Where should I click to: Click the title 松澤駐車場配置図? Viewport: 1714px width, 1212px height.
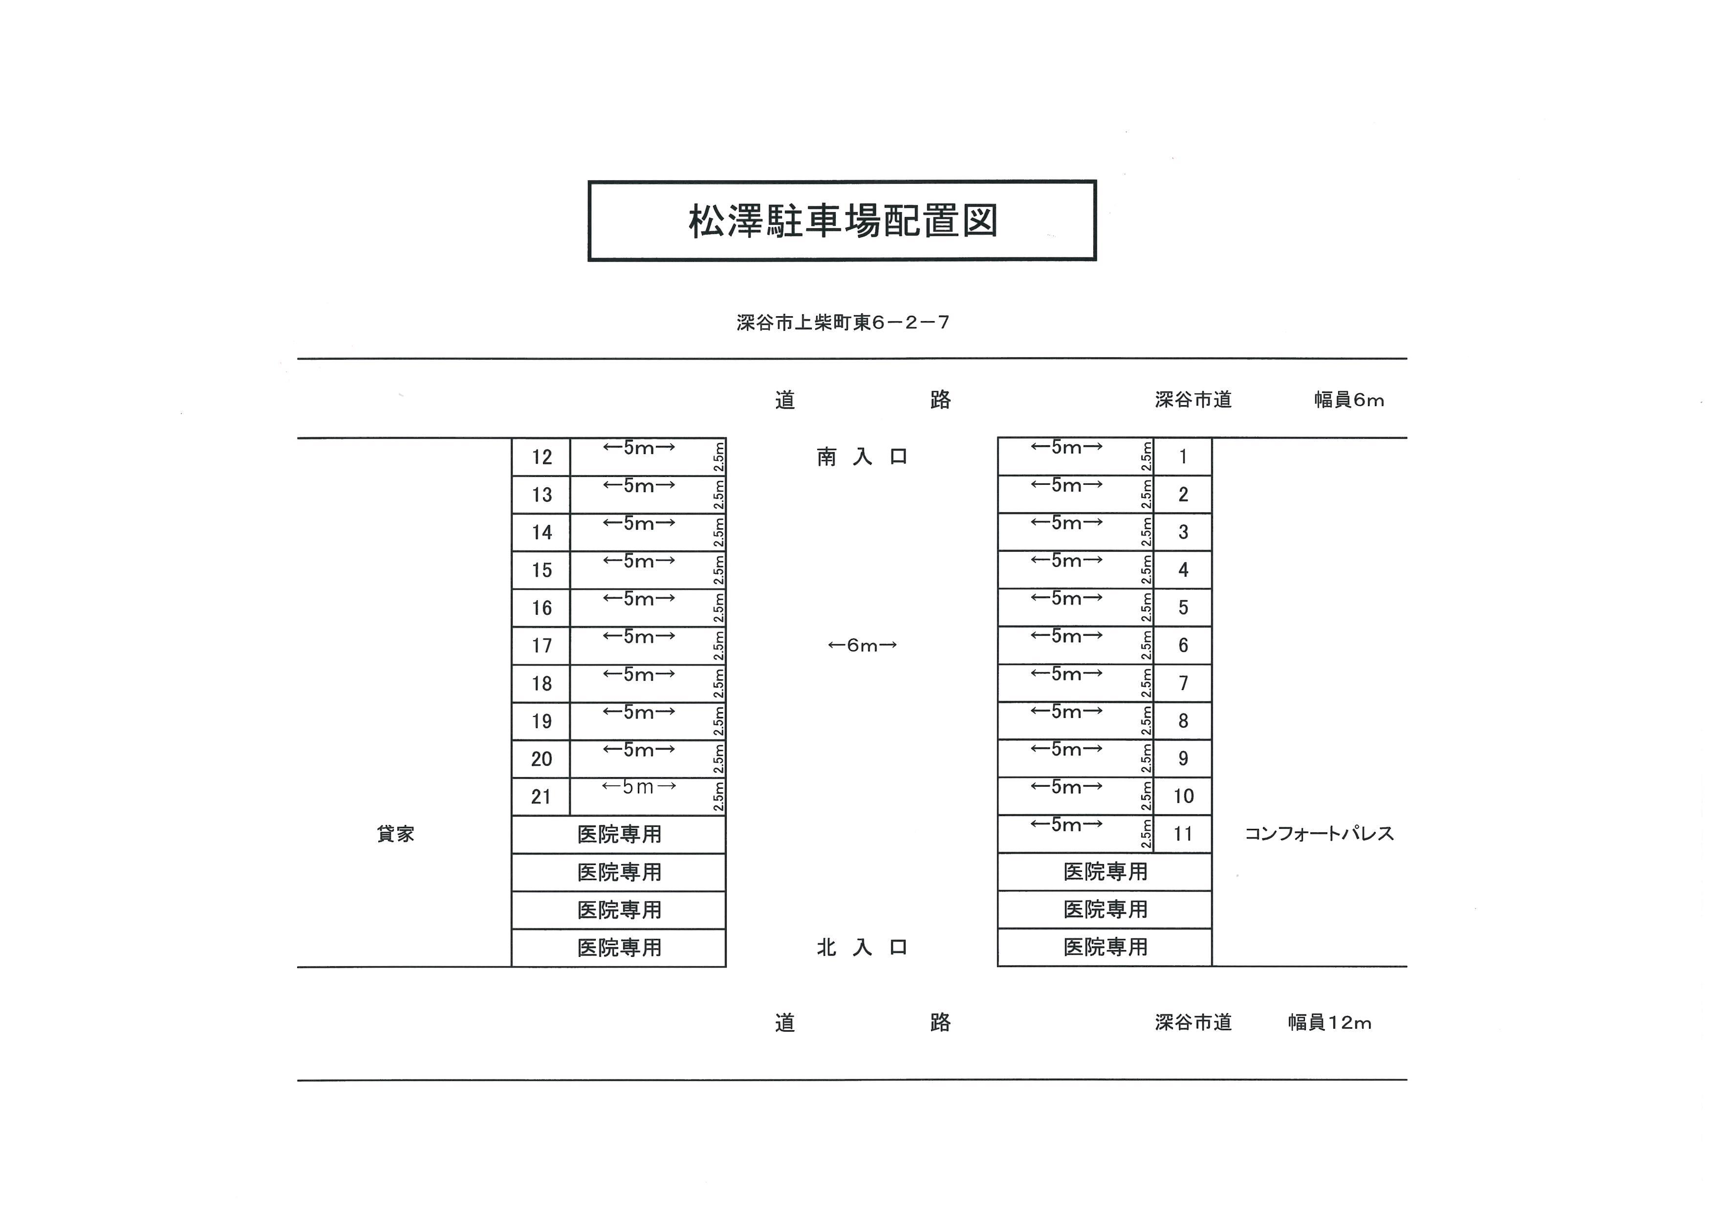coord(843,221)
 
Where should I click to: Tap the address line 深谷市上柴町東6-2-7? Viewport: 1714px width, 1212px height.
coord(843,323)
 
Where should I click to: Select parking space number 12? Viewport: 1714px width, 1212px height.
coord(542,457)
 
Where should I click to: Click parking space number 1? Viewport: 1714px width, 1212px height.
coord(1183,457)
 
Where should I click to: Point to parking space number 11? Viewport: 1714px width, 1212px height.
coord(1183,834)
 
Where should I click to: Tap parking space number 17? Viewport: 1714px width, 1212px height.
coord(542,646)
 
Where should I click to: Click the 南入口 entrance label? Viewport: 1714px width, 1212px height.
coord(862,457)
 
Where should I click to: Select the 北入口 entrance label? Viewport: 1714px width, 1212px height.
coord(862,948)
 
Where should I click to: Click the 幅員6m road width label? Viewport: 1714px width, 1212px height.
coord(1349,401)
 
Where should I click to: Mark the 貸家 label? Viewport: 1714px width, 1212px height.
coord(396,834)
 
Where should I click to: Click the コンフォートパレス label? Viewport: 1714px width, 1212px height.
coord(1319,834)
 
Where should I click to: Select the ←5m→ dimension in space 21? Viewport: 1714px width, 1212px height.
coord(639,787)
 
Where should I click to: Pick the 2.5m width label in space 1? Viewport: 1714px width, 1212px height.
coord(1146,457)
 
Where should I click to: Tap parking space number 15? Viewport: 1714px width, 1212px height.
coord(542,570)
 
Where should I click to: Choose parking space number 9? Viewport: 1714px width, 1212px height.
coord(1183,759)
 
